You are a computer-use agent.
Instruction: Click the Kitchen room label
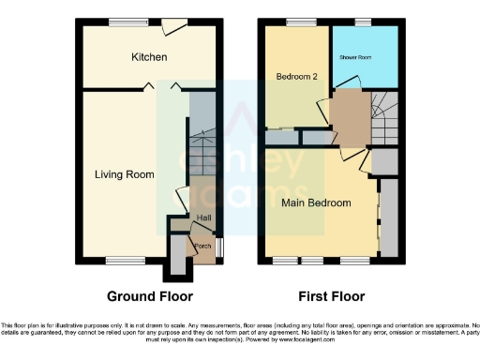point(149,58)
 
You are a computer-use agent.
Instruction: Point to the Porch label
point(202,247)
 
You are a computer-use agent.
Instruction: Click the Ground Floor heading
point(150,297)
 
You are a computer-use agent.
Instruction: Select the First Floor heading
point(331,297)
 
